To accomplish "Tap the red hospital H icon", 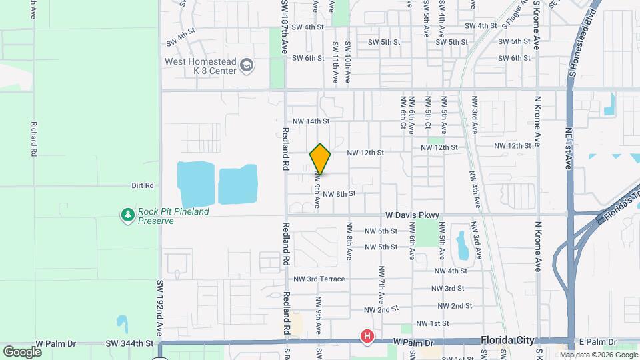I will coord(367,337).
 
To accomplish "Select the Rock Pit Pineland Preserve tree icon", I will coord(127,215).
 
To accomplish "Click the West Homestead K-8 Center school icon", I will coord(247,65).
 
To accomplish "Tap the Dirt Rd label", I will coord(143,185).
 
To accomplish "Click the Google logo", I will coord(22,351).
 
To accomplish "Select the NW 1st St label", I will coord(432,323).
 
